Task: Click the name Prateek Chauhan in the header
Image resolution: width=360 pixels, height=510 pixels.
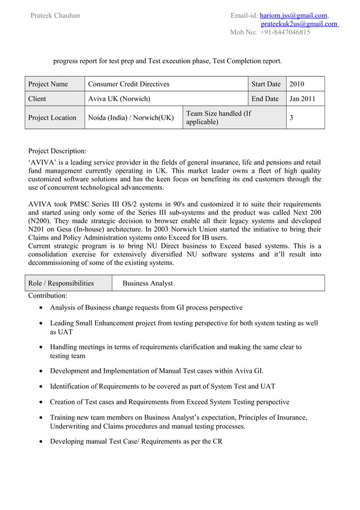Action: pos(55,15)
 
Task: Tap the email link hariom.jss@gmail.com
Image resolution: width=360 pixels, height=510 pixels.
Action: pos(295,15)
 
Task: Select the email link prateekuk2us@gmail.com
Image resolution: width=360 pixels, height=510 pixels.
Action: pos(298,24)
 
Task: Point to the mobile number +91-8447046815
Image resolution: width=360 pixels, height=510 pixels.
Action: pos(285,33)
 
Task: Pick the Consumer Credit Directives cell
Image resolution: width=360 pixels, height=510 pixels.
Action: pos(129,84)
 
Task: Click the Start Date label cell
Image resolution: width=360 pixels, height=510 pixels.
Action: pos(266,84)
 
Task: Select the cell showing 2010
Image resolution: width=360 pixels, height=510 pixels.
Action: pos(297,84)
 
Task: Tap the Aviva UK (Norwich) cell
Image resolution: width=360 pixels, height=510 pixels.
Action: pos(119,99)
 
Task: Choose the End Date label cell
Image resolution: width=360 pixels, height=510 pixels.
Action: pos(265,99)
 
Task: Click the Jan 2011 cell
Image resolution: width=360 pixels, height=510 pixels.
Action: pos(302,99)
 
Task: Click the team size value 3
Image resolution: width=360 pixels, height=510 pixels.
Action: pos(291,117)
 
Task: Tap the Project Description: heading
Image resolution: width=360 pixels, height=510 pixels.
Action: pos(58,151)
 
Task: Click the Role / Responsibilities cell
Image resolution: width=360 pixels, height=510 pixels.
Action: pos(61,283)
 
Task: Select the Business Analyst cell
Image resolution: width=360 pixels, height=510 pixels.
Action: pos(147,283)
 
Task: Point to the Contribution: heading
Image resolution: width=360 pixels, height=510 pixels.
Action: pos(48,295)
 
